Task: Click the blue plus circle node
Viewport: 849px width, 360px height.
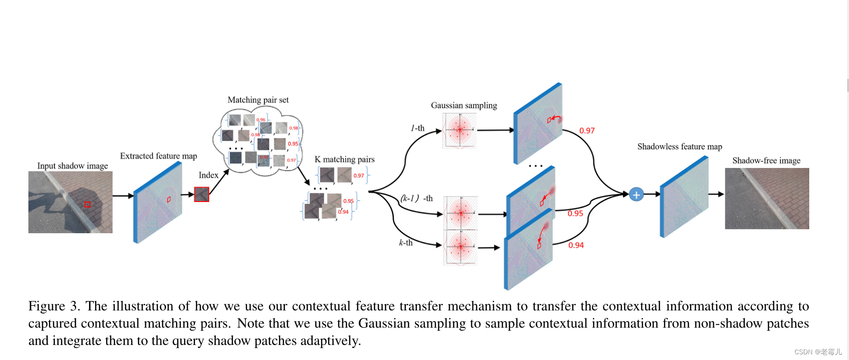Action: click(636, 194)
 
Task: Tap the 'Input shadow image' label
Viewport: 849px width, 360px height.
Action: click(72, 166)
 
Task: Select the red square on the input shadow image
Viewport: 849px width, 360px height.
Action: click(87, 204)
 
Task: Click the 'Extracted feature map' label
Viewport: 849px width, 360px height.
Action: click(158, 156)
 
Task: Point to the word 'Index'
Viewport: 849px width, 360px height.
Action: click(208, 175)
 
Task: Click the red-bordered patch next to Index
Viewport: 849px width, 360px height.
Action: click(202, 194)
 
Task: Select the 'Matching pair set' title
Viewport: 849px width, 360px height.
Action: click(258, 100)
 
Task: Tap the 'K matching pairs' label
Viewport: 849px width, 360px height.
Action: click(345, 159)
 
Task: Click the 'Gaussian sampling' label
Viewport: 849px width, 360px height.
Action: click(464, 105)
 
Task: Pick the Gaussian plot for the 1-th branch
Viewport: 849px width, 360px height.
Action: click(460, 130)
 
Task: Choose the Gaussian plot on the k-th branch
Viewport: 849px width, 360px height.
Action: click(460, 247)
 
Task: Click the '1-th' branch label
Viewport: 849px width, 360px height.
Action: click(417, 128)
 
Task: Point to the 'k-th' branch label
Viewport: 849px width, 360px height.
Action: click(406, 243)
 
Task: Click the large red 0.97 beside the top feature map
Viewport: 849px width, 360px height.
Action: click(587, 131)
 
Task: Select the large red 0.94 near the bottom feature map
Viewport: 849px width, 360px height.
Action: click(576, 245)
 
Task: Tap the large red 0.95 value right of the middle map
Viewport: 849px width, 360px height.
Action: click(575, 213)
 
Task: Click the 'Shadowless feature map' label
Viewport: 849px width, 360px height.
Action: click(680, 147)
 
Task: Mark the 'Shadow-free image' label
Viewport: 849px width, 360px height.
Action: click(766, 160)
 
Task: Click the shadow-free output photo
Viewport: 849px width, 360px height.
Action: click(767, 199)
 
